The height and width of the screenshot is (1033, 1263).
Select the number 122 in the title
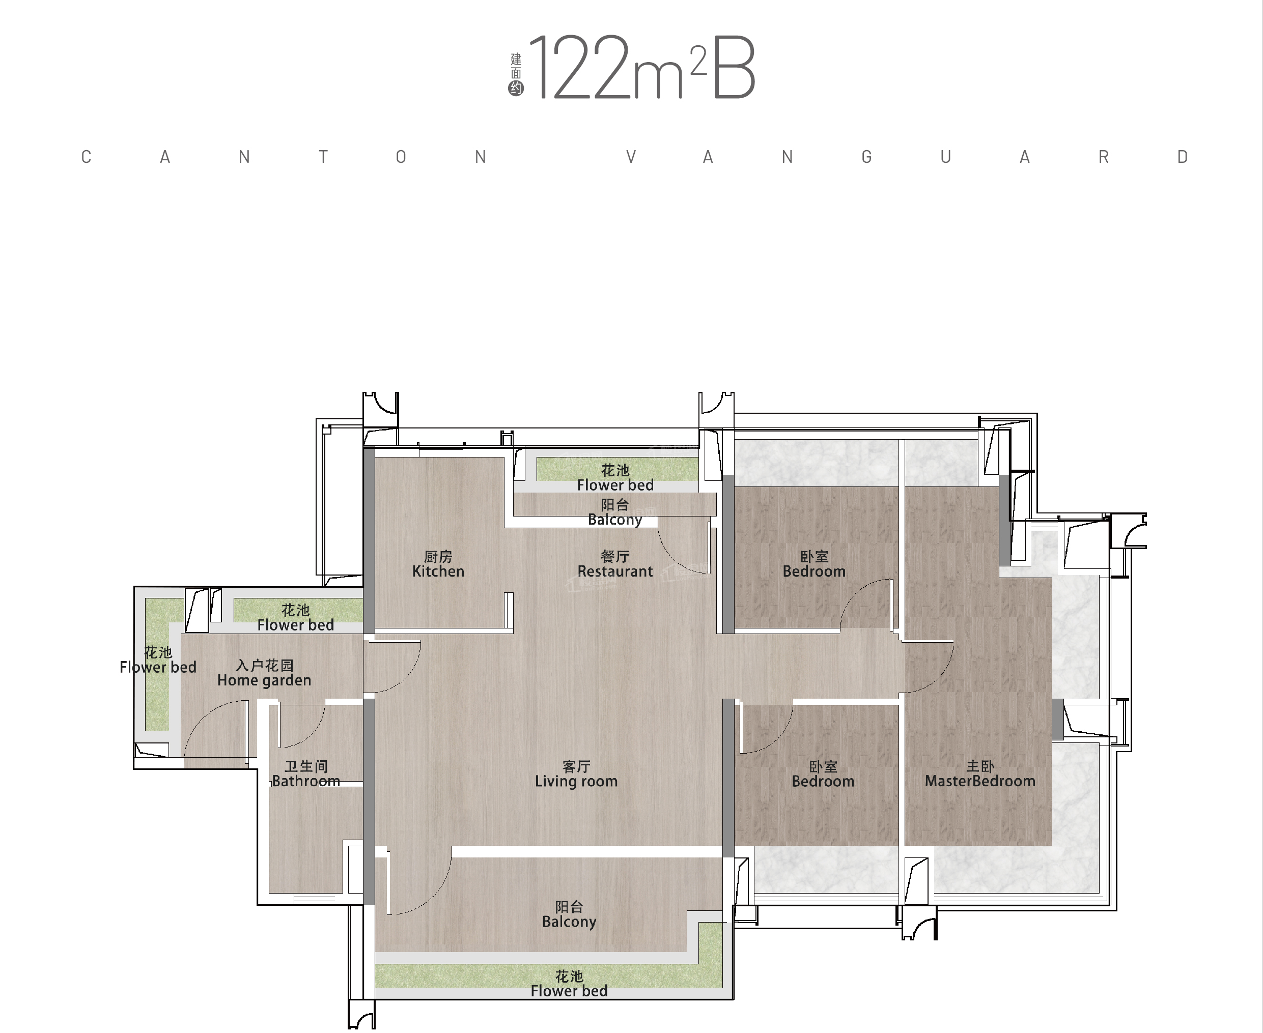[x=580, y=68]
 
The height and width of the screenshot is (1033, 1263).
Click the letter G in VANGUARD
[x=866, y=157]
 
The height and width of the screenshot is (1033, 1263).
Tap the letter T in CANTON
[x=323, y=157]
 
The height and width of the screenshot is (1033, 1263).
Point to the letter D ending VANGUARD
[x=1183, y=157]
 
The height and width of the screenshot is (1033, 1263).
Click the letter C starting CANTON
[x=87, y=157]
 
